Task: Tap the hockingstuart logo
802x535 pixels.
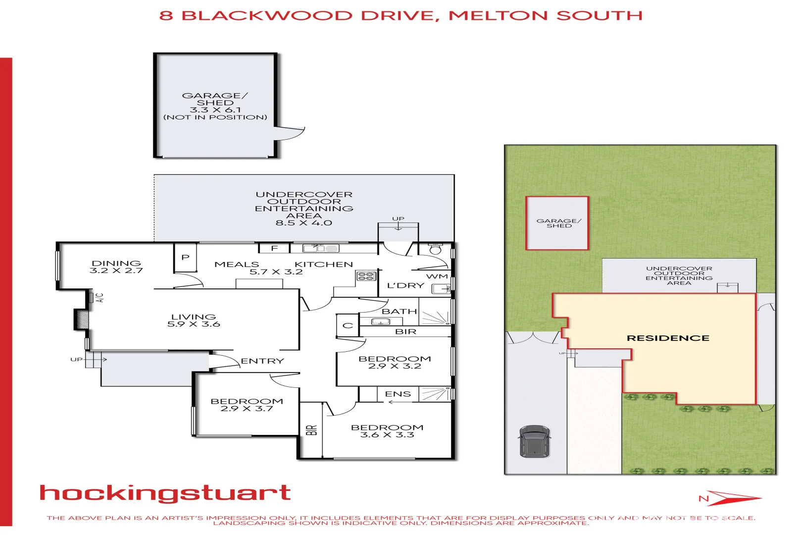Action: pyautogui.click(x=165, y=493)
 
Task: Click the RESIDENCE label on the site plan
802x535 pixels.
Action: pyautogui.click(x=668, y=338)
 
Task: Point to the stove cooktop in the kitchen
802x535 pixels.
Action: pyautogui.click(x=366, y=276)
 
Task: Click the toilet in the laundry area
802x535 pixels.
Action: pyautogui.click(x=435, y=249)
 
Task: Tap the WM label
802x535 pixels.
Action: pyautogui.click(x=437, y=276)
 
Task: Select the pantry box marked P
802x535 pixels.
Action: pyautogui.click(x=186, y=257)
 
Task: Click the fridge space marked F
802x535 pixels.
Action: pyautogui.click(x=274, y=248)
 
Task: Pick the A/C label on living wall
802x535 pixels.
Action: pyautogui.click(x=100, y=298)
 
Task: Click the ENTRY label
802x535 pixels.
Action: pyautogui.click(x=262, y=361)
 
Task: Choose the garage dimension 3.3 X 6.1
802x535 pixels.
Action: pyautogui.click(x=215, y=110)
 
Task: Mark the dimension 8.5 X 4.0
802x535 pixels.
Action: pyautogui.click(x=304, y=223)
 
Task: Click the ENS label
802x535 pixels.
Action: pyautogui.click(x=398, y=394)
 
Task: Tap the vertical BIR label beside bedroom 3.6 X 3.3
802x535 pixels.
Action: pyautogui.click(x=311, y=429)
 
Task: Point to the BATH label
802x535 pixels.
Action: pyautogui.click(x=399, y=311)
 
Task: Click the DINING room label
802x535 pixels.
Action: pyautogui.click(x=116, y=263)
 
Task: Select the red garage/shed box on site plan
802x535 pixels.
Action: pyautogui.click(x=557, y=223)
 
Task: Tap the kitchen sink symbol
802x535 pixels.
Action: pyautogui.click(x=321, y=248)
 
